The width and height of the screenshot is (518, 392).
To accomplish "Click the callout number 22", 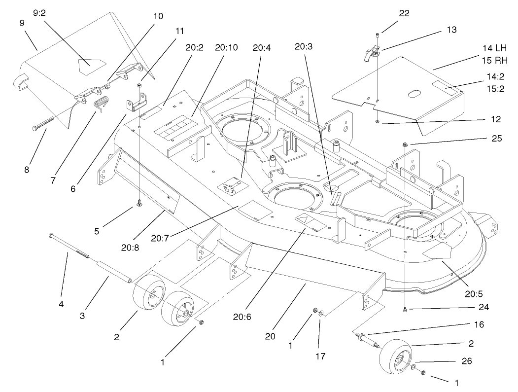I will pos(404,13).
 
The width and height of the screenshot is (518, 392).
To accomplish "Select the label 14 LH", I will pos(494,48).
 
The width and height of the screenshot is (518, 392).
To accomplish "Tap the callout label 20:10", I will pos(226,47).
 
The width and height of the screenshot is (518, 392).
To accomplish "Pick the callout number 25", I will pos(497,139).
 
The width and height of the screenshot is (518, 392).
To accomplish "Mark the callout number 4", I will pos(61,304).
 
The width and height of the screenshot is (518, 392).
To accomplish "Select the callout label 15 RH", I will pos(494,62).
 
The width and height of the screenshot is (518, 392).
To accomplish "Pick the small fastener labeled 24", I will pos(405,310).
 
